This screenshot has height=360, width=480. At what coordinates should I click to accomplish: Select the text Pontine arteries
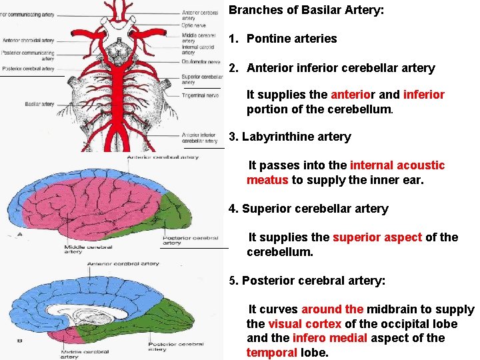[291, 39]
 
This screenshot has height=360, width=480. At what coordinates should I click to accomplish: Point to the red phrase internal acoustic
[397, 165]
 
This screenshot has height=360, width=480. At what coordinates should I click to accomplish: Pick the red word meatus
[267, 180]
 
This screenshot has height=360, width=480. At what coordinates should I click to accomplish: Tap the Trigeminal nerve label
[199, 95]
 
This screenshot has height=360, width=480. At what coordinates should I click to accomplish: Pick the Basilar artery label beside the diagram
[39, 105]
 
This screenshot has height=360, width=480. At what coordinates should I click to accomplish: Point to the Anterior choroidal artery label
[28, 41]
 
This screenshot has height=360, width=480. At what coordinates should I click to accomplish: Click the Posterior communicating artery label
[27, 55]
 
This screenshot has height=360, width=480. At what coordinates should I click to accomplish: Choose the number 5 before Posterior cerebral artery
[231, 281]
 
